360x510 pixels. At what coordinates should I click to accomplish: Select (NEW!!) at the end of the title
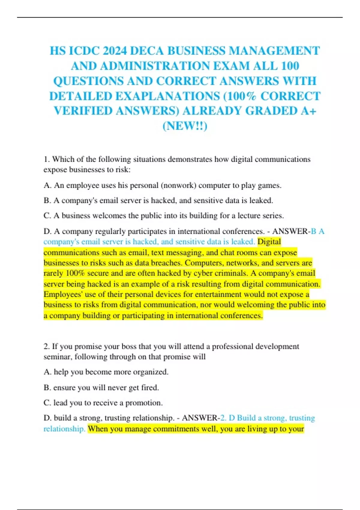(x=185, y=126)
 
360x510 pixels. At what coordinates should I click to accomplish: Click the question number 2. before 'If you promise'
(x=46, y=346)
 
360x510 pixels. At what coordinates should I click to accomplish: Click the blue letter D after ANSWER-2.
(x=232, y=418)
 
